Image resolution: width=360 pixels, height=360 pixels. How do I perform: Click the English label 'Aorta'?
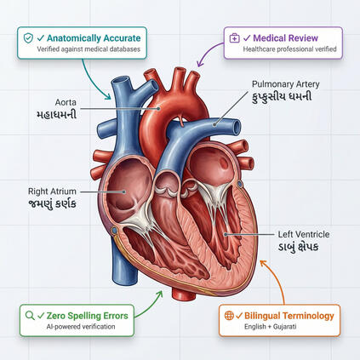pyautogui.click(x=66, y=102)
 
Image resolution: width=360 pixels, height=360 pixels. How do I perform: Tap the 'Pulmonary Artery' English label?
pyautogui.click(x=286, y=84)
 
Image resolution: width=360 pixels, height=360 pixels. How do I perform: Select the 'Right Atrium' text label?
pyautogui.click(x=52, y=191)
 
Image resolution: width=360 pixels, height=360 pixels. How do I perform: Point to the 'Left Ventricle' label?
pyautogui.click(x=304, y=234)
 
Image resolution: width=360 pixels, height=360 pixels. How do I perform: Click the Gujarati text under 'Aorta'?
pyautogui.click(x=57, y=114)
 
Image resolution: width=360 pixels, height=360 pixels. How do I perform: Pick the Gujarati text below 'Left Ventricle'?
pyautogui.click(x=298, y=247)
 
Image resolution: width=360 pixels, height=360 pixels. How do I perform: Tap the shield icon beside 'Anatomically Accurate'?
pyautogui.click(x=28, y=38)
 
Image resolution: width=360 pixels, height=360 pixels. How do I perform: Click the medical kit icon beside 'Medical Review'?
pyautogui.click(x=234, y=38)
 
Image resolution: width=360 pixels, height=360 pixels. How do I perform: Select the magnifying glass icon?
pyautogui.click(x=30, y=315)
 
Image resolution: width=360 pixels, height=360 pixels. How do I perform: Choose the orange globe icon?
pyautogui.click(x=229, y=315)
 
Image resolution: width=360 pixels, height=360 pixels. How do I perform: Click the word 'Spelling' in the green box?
pyautogui.click(x=85, y=316)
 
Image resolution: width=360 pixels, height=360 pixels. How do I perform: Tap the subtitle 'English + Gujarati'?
pyautogui.click(x=271, y=327)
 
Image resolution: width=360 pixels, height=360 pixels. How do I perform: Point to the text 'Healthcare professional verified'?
pyautogui.click(x=289, y=49)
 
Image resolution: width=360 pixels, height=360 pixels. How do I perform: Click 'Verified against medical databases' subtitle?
pyautogui.click(x=89, y=49)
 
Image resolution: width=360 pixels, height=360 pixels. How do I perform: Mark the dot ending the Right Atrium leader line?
pyautogui.click(x=123, y=191)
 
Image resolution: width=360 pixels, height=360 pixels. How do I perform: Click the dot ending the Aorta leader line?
pyautogui.click(x=158, y=108)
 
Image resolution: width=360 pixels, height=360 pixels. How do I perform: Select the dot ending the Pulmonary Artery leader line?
pyautogui.click(x=214, y=124)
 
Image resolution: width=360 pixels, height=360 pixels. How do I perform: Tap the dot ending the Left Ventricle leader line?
pyautogui.click(x=226, y=234)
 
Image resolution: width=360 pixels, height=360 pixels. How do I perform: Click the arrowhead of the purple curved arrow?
pyautogui.click(x=200, y=64)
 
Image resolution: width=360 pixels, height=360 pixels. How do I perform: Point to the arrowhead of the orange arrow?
pyautogui.click(x=263, y=263)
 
